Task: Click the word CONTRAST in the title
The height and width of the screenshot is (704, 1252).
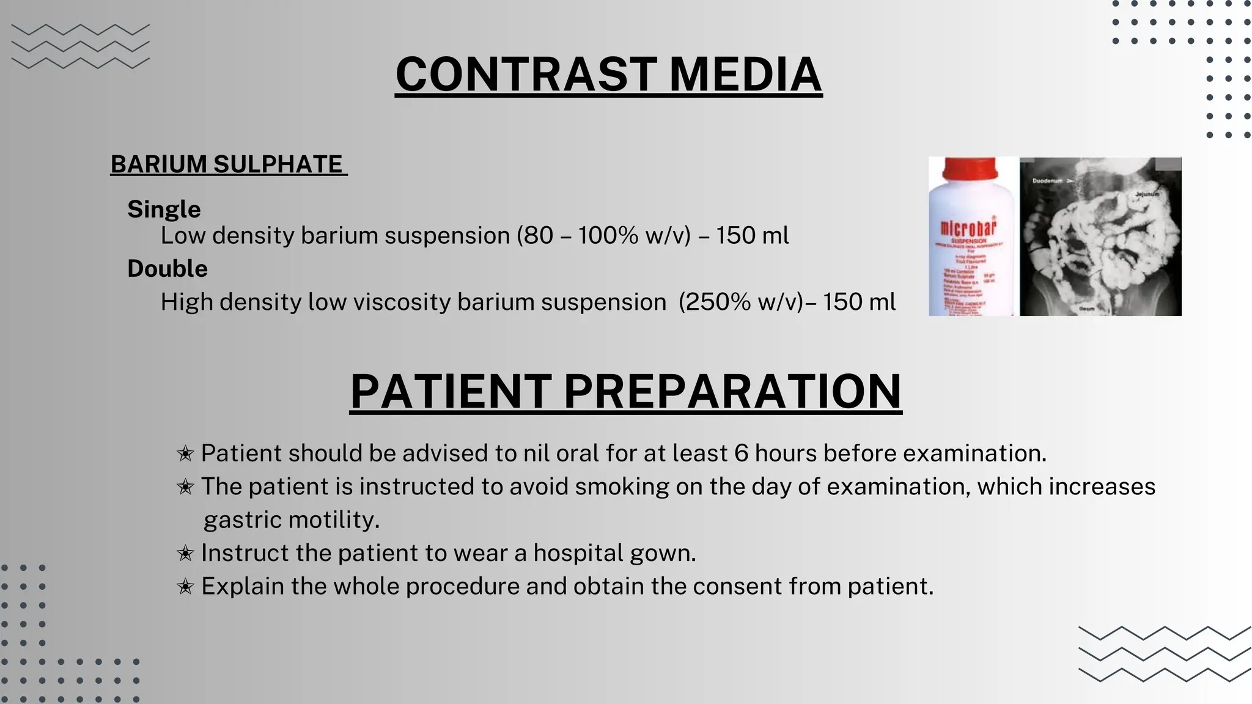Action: tap(526, 75)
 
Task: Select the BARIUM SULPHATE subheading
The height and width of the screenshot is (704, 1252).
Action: tap(227, 164)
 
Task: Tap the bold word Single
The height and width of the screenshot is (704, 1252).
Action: tap(164, 209)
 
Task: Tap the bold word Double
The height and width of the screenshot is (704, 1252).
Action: tap(167, 268)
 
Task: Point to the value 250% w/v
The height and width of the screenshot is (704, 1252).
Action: tap(741, 302)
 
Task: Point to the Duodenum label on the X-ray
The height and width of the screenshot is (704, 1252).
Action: tap(1047, 181)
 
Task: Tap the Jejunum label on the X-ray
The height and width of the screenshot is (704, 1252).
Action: tap(1147, 194)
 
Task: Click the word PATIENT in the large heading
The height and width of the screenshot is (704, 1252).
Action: tap(451, 391)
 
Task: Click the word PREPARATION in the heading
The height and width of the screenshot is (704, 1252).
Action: tap(732, 391)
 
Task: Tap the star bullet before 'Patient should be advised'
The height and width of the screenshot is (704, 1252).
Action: tap(185, 454)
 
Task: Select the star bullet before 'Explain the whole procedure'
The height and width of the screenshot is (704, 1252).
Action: tap(185, 587)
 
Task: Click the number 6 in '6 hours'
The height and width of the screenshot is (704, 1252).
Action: tap(741, 453)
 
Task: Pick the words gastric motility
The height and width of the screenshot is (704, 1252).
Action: tap(291, 520)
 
